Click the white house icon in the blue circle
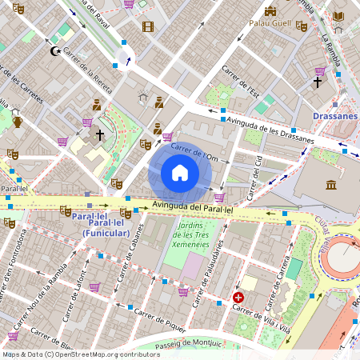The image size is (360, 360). pyautogui.click(x=180, y=173)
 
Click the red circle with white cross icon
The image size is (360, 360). pyautogui.click(x=238, y=298)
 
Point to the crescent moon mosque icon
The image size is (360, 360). pyautogui.click(x=55, y=51)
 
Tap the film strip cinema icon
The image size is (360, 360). pyautogui.click(x=147, y=26)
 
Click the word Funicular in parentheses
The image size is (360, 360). pyautogui.click(x=106, y=233)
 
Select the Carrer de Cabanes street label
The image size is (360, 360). pyautogui.click(x=133, y=261)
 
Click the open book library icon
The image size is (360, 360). pyautogui.click(x=338, y=16)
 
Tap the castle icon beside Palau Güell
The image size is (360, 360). pyautogui.click(x=270, y=11)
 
